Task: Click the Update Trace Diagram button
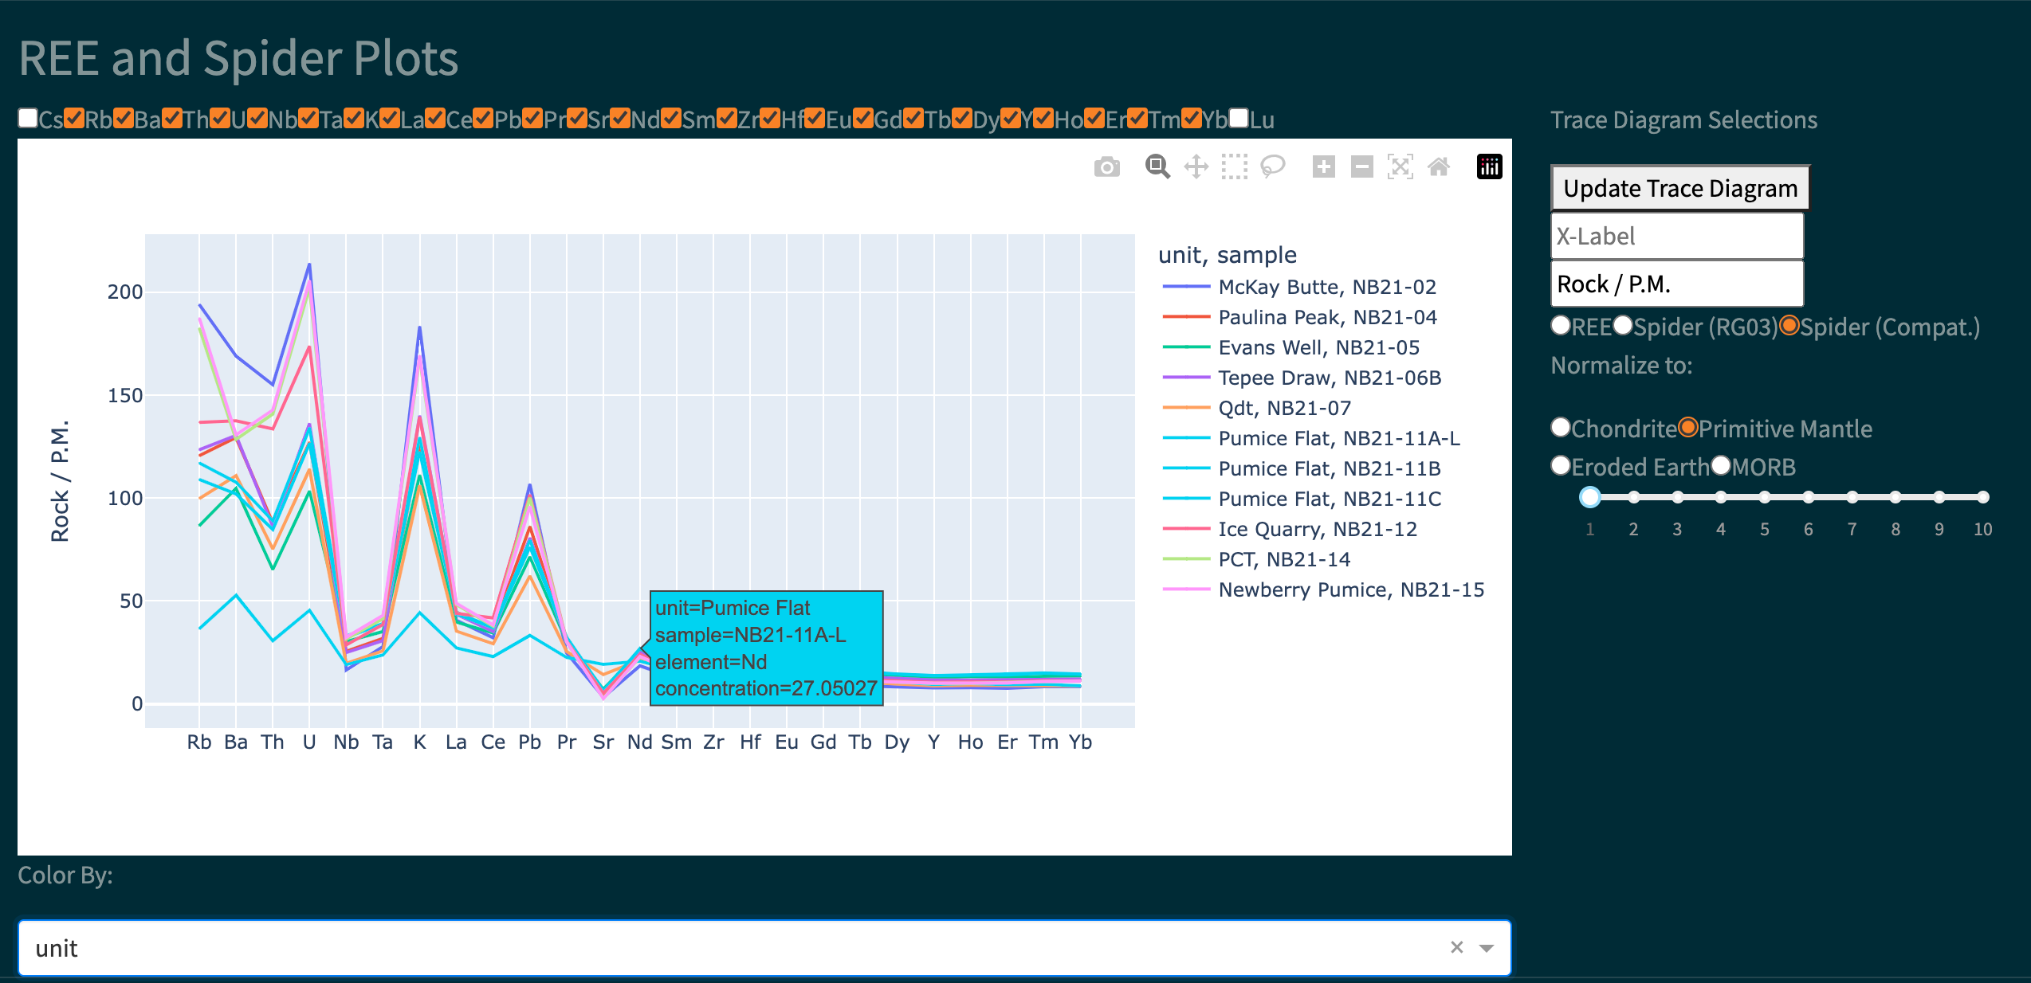[x=1679, y=189]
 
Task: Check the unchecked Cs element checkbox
[x=28, y=119]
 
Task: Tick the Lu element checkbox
[x=1239, y=119]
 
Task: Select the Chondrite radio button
[x=1561, y=428]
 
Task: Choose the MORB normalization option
[x=1722, y=466]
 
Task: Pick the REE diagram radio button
[x=1561, y=326]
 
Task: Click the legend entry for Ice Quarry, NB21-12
[x=1317, y=529]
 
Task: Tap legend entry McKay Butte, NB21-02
[x=1326, y=287]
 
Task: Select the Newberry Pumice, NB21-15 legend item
[x=1350, y=589]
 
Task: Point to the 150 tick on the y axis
[x=125, y=395]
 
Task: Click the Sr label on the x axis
[x=603, y=742]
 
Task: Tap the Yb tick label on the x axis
[x=1080, y=742]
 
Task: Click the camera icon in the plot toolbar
[x=1106, y=167]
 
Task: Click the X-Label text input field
[x=1676, y=237]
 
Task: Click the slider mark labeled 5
[x=1765, y=498]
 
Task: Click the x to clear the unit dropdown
[x=1456, y=947]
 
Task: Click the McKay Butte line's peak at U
[x=309, y=264]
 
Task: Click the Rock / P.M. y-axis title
[x=61, y=480]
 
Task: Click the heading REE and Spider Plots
[x=238, y=59]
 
